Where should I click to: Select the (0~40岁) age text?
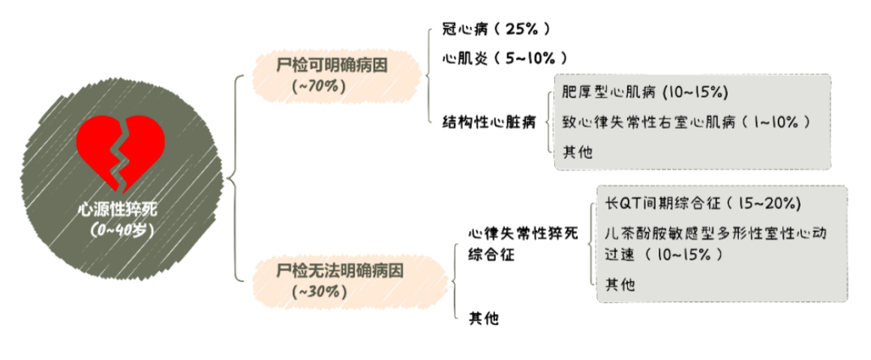point(122,230)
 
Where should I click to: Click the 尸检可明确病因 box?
point(334,65)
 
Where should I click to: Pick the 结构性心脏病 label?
point(488,122)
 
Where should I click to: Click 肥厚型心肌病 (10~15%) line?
point(645,93)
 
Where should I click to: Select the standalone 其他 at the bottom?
point(484,319)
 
